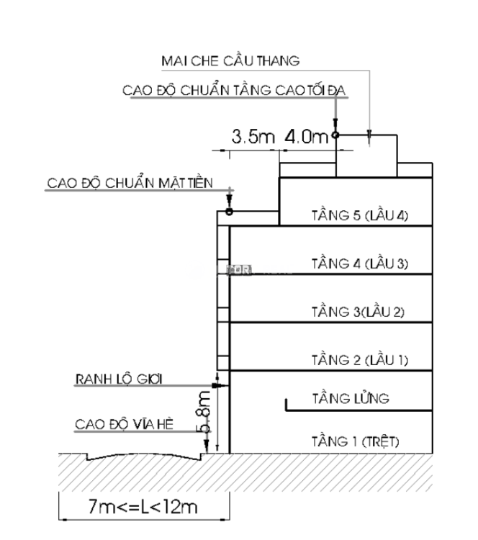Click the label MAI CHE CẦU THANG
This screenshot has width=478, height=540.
230,60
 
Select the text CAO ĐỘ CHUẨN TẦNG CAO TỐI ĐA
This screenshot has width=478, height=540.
235,91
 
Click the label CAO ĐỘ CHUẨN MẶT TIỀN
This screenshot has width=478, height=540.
130,182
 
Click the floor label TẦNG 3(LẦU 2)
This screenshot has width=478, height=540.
358,312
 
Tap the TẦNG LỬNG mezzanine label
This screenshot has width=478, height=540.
351,397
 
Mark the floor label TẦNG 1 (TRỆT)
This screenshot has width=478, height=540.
356,441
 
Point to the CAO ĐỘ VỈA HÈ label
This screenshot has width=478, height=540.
114,424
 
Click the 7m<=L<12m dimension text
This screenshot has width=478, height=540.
143,507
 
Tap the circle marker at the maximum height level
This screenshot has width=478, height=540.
335,135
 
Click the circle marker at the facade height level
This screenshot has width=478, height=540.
229,212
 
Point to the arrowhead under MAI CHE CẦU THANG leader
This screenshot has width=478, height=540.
369,134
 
